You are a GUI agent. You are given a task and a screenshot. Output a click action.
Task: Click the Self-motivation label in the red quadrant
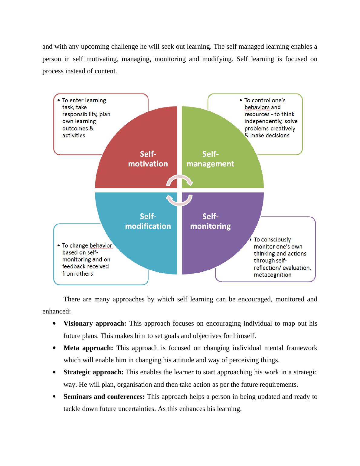click(x=148, y=159)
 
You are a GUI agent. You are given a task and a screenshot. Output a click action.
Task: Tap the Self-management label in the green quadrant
click(x=210, y=159)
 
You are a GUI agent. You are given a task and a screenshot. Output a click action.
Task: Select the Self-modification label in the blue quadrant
click(x=148, y=221)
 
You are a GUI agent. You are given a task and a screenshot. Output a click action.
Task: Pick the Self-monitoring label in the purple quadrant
click(x=210, y=221)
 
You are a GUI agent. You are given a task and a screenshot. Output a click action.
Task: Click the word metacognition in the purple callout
click(x=273, y=275)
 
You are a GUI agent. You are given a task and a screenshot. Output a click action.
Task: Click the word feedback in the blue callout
click(x=73, y=266)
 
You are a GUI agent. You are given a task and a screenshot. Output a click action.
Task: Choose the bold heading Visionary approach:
click(x=95, y=323)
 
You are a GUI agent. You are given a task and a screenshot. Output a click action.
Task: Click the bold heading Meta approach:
click(x=88, y=348)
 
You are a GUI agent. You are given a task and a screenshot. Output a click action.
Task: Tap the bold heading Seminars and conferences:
click(x=104, y=397)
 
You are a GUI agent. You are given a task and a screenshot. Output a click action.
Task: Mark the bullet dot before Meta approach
click(x=54, y=348)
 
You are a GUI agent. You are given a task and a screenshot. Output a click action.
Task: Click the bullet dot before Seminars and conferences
click(x=54, y=397)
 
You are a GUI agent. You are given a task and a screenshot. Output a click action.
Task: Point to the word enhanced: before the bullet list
click(x=57, y=311)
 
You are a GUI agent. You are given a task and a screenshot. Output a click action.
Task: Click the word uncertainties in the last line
click(x=137, y=409)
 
